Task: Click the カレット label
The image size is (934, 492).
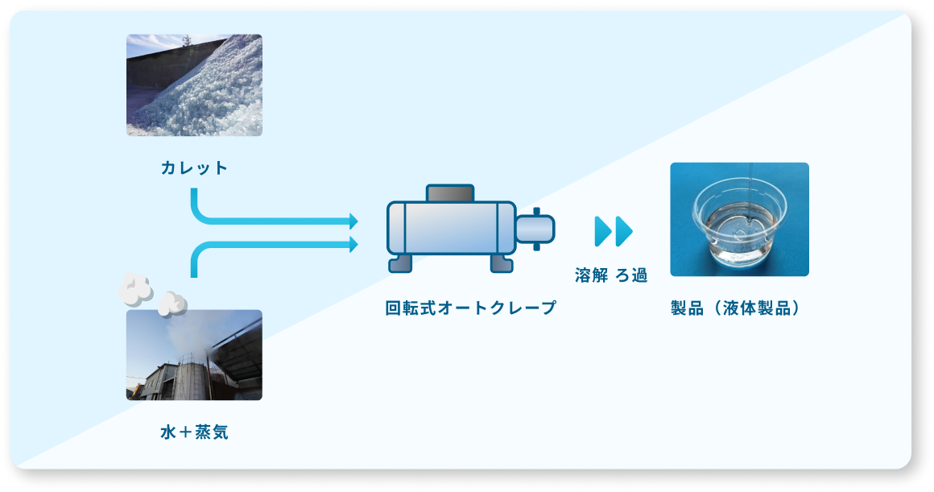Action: pyautogui.click(x=194, y=168)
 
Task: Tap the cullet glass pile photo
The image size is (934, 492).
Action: pyautogui.click(x=194, y=85)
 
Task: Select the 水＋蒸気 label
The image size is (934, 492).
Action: pyautogui.click(x=194, y=432)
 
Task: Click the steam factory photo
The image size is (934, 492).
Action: pyautogui.click(x=194, y=355)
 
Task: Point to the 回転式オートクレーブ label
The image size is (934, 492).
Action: pyautogui.click(x=471, y=308)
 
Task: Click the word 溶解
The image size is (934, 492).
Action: pyautogui.click(x=592, y=275)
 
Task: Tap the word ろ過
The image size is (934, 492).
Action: pyautogui.click(x=632, y=275)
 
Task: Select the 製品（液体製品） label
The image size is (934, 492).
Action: pyautogui.click(x=739, y=308)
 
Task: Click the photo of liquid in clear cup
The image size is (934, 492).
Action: pyautogui.click(x=739, y=220)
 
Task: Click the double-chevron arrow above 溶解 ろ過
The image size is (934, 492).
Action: pyautogui.click(x=613, y=231)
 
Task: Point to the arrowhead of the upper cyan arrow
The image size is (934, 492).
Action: pyautogui.click(x=353, y=221)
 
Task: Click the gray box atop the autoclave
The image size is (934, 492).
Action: pyautogui.click(x=450, y=193)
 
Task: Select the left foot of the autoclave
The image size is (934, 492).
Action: pyautogui.click(x=400, y=263)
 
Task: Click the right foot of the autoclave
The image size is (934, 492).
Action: pyautogui.click(x=501, y=263)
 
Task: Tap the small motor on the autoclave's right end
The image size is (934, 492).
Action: pyautogui.click(x=535, y=229)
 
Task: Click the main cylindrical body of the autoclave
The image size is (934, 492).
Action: pyautogui.click(x=451, y=229)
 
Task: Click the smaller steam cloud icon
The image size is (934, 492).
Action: pyautogui.click(x=172, y=303)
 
